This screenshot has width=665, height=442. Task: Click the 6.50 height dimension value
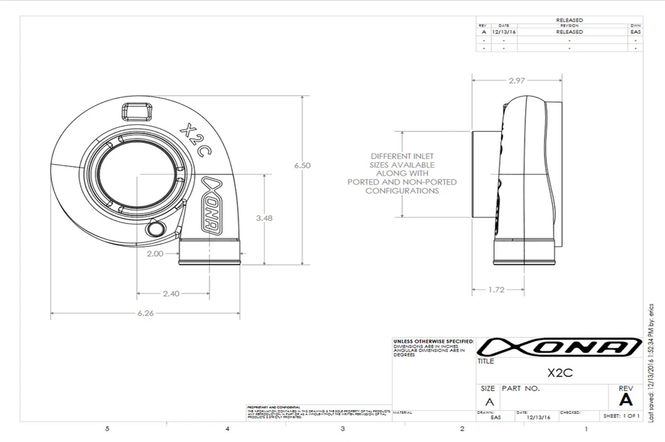pos(302,165)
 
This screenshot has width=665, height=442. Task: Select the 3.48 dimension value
pos(264,218)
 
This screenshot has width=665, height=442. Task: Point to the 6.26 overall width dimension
pos(145,313)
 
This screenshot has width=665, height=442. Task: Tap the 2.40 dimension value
pos(171,294)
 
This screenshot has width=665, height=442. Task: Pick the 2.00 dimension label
pos(155,254)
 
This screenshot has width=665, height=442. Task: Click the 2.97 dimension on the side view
pos(517,81)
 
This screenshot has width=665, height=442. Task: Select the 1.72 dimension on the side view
pos(496,289)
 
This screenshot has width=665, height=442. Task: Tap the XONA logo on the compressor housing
pos(212,205)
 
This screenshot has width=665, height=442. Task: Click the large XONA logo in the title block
pos(559,347)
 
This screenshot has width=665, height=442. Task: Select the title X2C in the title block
pos(560,373)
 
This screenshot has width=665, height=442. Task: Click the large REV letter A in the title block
pos(626,400)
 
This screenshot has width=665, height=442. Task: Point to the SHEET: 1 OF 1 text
pos(621,416)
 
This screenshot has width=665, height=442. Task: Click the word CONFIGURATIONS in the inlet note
pos(402,191)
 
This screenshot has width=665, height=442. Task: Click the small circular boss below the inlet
pos(154,229)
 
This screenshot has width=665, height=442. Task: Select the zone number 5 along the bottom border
pos(107,429)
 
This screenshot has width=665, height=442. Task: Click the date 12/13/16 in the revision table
pos(504,32)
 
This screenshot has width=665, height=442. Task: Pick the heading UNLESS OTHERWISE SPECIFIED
pos(433,341)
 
